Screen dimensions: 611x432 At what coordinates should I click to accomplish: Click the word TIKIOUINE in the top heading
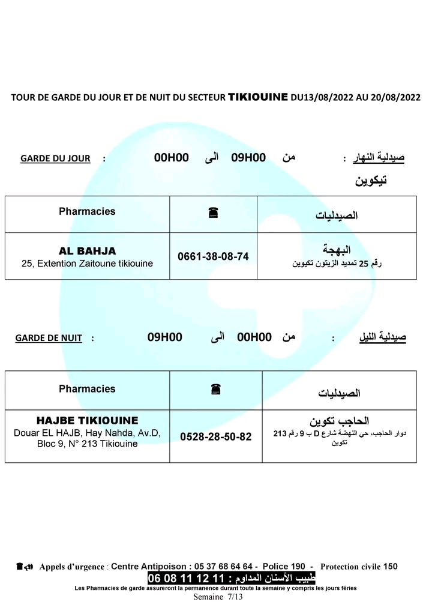pyautogui.click(x=258, y=96)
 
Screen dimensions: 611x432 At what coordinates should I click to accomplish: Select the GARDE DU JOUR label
pyautogui.click(x=55, y=158)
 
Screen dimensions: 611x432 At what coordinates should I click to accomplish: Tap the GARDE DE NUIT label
pyautogui.click(x=49, y=339)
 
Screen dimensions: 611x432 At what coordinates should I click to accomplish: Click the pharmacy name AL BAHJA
pyautogui.click(x=88, y=251)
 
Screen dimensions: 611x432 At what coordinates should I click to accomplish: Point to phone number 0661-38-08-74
pyautogui.click(x=213, y=256)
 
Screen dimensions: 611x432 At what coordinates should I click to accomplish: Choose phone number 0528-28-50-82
pyautogui.click(x=216, y=436)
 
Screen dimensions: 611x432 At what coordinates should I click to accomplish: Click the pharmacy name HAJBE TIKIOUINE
pyautogui.click(x=88, y=421)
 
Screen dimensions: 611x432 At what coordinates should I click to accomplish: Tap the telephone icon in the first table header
pyautogui.click(x=212, y=212)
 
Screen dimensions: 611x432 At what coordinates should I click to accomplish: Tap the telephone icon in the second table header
pyautogui.click(x=215, y=390)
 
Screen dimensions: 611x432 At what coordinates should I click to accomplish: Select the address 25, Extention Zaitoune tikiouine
pyautogui.click(x=88, y=263)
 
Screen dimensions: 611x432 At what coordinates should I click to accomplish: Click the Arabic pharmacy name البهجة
pyautogui.click(x=337, y=250)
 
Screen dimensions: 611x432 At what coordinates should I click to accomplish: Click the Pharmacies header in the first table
pyautogui.click(x=88, y=211)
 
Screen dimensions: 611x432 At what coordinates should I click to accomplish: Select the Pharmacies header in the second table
pyautogui.click(x=88, y=389)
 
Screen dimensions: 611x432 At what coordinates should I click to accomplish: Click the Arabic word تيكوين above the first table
pyautogui.click(x=371, y=181)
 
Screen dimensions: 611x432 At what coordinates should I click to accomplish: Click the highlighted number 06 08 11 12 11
pyautogui.click(x=185, y=579)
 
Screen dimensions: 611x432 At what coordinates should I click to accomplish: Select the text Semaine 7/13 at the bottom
pyautogui.click(x=218, y=597)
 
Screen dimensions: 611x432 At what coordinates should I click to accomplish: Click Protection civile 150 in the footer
pyautogui.click(x=359, y=566)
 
